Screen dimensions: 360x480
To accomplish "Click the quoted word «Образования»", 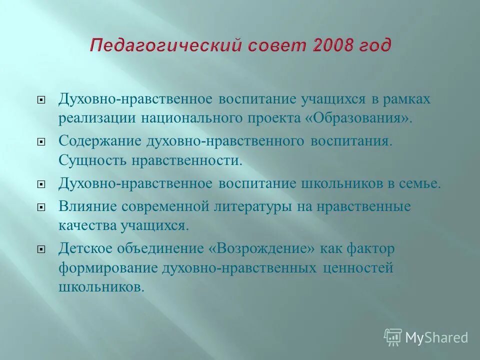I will click(366, 118).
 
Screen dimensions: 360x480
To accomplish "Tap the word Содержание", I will click(99, 140).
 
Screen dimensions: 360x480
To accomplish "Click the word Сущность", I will click(92, 161).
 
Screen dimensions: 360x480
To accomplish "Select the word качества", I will click(87, 225).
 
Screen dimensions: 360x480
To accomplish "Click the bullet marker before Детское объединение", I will click(42, 248).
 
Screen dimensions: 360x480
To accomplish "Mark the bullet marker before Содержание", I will click(42, 141).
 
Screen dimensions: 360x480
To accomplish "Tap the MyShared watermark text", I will click(436, 337).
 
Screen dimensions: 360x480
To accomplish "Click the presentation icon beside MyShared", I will click(393, 337).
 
